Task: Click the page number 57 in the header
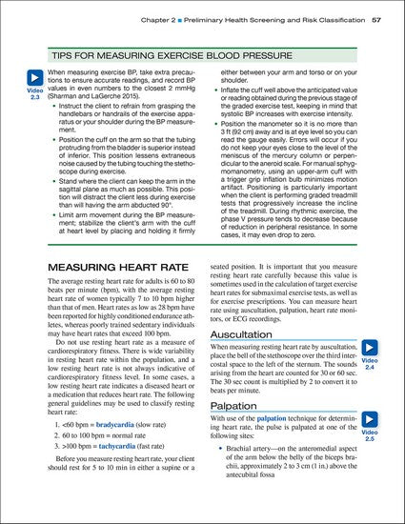tap(376, 18)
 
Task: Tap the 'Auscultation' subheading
tap(251, 335)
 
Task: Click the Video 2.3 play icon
tap(34, 78)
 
